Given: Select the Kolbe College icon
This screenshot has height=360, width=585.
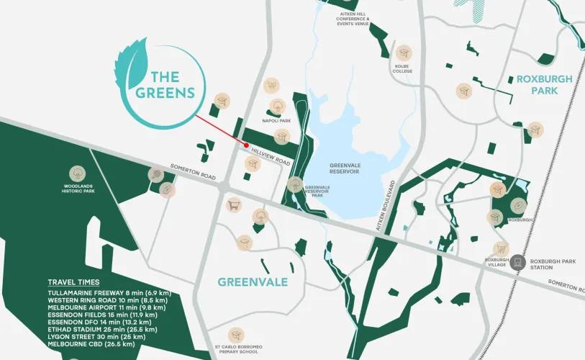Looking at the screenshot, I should click(404, 53).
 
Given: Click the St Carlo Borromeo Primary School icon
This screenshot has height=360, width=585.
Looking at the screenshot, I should click(235, 336).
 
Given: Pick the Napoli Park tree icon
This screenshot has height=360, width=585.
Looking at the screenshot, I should click(276, 107).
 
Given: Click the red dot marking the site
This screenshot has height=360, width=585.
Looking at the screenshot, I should click(247, 145).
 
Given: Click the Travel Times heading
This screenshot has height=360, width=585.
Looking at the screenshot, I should click(73, 282).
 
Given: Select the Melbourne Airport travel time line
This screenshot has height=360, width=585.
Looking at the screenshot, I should click(106, 307).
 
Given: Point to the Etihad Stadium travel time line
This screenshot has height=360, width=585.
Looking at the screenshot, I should click(106, 329).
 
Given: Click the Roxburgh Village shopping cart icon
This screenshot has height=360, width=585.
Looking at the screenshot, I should click(501, 249).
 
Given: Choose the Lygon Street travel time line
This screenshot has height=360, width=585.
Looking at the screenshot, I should click(96, 336).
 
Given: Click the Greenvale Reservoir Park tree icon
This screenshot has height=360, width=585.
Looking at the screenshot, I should click(294, 185).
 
